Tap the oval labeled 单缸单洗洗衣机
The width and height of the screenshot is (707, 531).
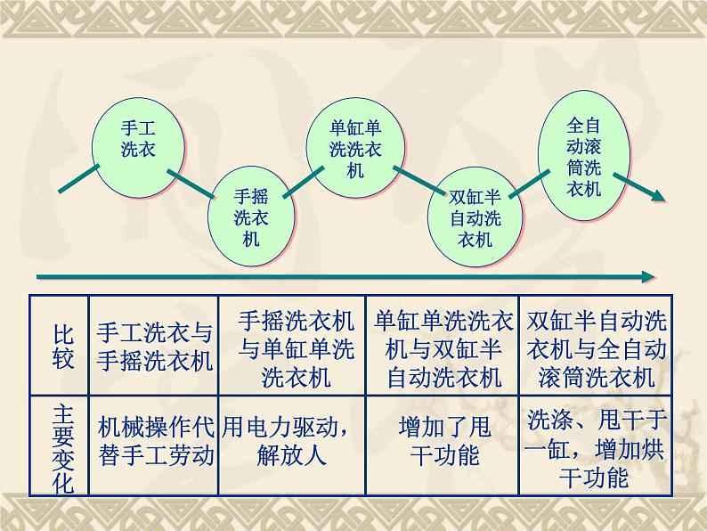point(355,148)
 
